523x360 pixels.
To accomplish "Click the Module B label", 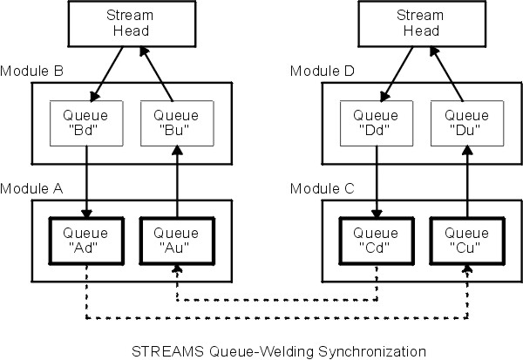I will pos(29,71).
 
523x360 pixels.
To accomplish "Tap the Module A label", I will pos(29,188).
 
